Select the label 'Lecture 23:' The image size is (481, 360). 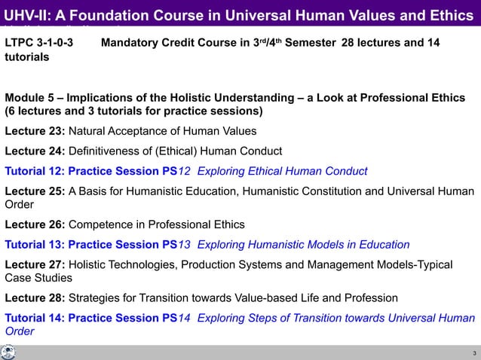click(x=35, y=131)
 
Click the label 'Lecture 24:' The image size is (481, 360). click(x=35, y=151)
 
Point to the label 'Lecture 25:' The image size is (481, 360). click(x=35, y=191)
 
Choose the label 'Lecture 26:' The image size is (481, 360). click(x=35, y=224)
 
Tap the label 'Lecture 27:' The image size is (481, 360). click(x=35, y=264)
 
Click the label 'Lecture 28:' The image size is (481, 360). click(x=35, y=297)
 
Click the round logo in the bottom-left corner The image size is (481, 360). click(x=8, y=352)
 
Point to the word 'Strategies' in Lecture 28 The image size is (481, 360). click(x=95, y=297)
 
